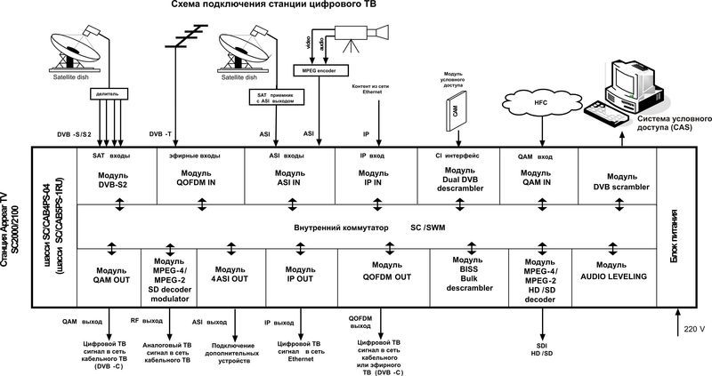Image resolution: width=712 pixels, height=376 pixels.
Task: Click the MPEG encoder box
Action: (319, 69)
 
